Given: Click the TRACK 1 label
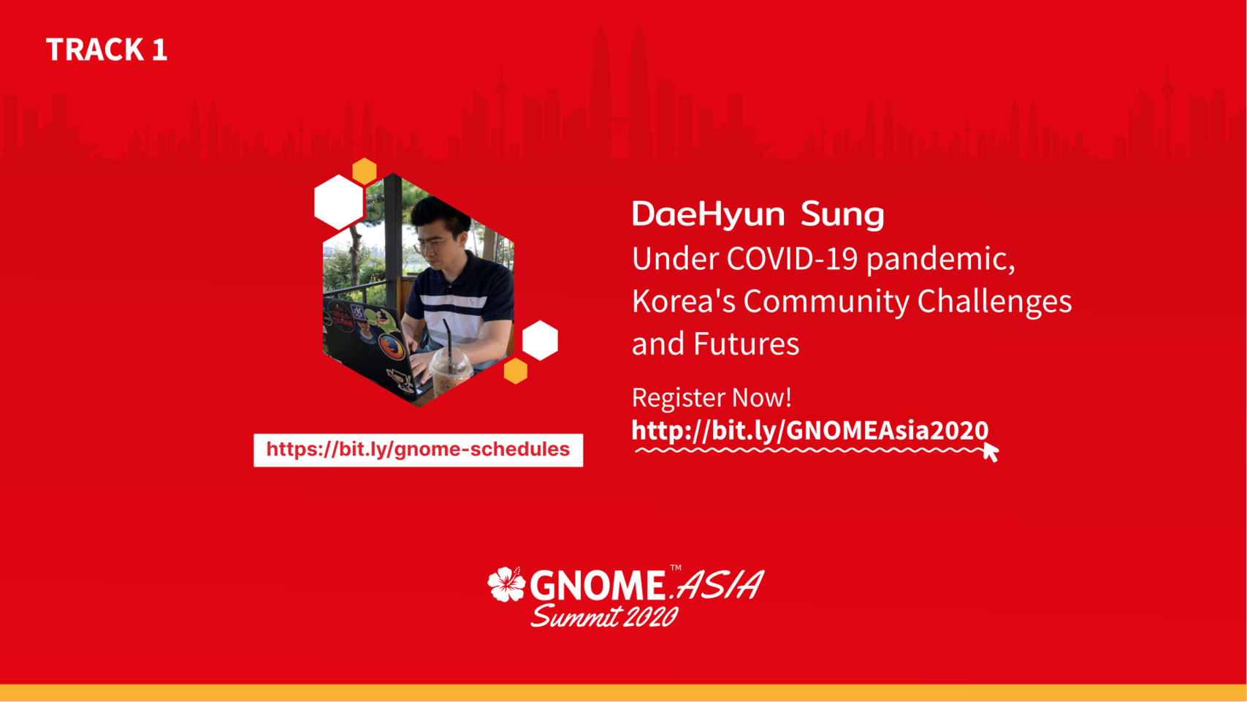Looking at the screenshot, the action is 107,50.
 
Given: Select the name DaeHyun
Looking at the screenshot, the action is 708,214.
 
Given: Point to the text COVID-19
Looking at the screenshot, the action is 792,259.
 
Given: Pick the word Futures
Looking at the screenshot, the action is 746,344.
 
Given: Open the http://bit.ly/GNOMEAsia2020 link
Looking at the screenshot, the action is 810,431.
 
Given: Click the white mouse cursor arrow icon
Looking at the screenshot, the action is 991,452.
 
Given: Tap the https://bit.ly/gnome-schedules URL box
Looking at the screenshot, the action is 418,450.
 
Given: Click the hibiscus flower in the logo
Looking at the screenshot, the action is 506,584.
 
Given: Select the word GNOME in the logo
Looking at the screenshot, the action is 597,586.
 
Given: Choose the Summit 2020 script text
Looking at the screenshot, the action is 604,616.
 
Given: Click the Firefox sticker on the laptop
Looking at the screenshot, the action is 392,347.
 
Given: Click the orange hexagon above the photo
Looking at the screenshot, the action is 365,171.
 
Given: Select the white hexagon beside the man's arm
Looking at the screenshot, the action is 540,341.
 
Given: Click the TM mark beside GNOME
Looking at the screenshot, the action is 676,567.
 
